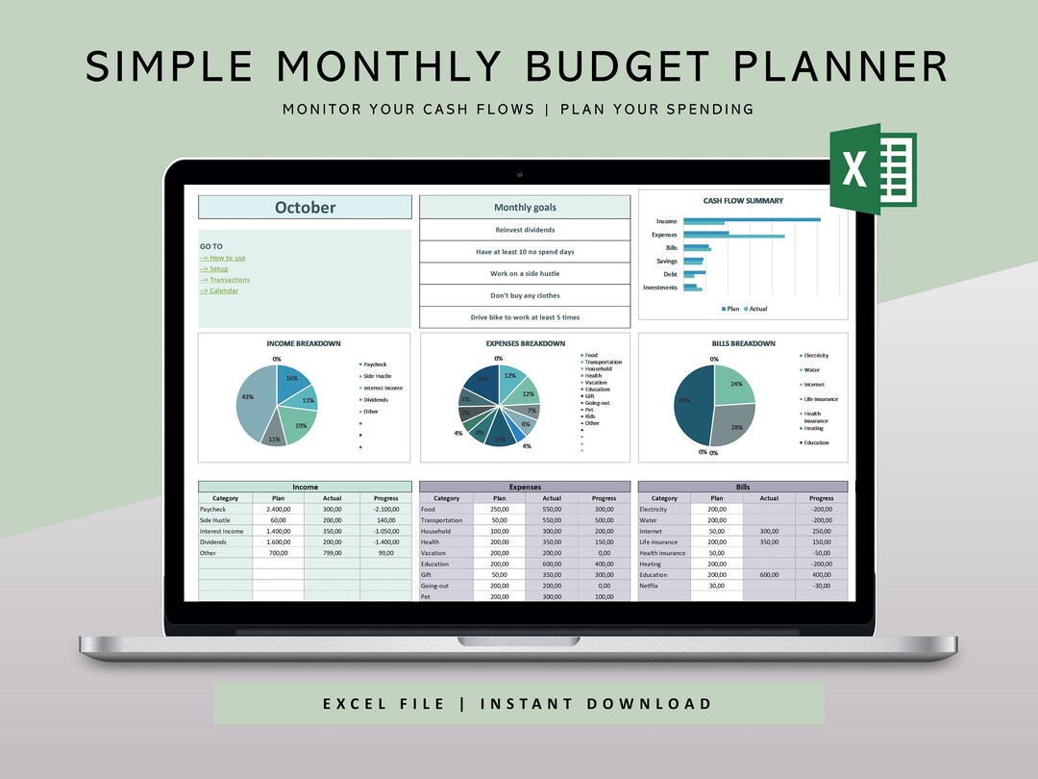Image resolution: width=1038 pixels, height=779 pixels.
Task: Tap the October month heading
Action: click(305, 208)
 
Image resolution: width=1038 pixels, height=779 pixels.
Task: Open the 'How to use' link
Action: click(227, 258)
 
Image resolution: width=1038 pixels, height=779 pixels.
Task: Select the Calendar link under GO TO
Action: click(223, 290)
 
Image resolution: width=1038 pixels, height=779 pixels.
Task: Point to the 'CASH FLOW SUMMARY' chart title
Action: click(743, 201)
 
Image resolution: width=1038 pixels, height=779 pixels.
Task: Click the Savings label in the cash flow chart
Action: click(667, 261)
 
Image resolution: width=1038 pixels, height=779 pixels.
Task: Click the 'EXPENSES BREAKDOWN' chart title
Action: click(525, 343)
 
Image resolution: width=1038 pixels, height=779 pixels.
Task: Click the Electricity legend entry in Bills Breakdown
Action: click(815, 356)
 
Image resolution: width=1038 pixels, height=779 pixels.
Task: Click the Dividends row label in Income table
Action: click(213, 541)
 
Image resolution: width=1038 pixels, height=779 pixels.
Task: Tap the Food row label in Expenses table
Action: click(429, 509)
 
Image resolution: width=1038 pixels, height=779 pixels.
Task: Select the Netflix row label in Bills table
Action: click(652, 586)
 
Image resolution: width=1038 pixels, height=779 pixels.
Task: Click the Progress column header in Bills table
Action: click(821, 498)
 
